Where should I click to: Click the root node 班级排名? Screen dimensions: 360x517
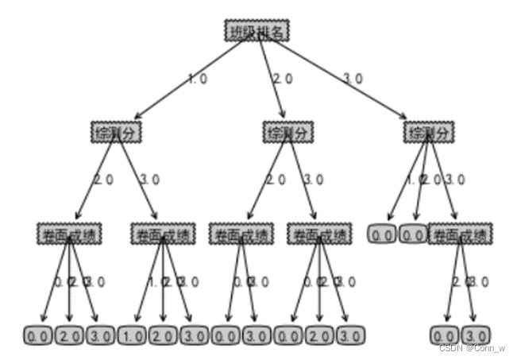pos(257,30)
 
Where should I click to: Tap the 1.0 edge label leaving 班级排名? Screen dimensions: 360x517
pos(197,79)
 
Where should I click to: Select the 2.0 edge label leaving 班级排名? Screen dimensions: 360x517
pos(283,79)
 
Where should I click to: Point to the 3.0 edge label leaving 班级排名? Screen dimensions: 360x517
pos(353,79)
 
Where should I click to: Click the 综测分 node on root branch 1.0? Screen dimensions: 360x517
pos(116,132)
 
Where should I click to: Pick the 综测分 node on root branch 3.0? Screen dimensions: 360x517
pos(429,132)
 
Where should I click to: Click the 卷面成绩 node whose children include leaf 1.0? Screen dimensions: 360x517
pos(162,234)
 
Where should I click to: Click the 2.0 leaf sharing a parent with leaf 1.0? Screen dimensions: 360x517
pos(163,335)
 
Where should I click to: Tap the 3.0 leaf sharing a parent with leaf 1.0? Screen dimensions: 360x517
pos(194,335)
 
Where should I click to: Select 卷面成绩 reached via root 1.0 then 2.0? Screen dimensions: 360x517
pos(68,234)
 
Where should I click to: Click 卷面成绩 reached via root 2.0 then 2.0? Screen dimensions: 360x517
pos(241,234)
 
